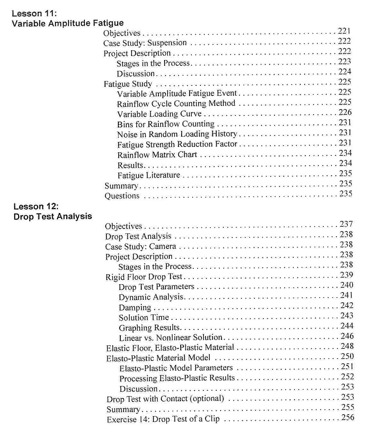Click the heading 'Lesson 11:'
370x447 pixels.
(x=34, y=13)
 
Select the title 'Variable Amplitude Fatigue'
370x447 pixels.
(x=68, y=23)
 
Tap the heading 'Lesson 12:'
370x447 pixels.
(x=36, y=206)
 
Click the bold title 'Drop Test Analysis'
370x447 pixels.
(x=53, y=217)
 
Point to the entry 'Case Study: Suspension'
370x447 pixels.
(x=145, y=43)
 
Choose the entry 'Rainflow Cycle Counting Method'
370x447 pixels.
(x=176, y=104)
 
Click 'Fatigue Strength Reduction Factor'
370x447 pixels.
(x=177, y=145)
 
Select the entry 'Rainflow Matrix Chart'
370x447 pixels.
(x=157, y=155)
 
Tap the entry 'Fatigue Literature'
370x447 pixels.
(x=148, y=175)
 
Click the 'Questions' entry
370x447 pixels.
(x=122, y=196)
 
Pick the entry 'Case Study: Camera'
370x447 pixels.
(x=140, y=246)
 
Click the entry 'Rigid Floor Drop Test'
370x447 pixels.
(x=144, y=277)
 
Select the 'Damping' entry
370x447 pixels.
(x=135, y=308)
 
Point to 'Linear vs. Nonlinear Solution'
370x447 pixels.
(x=170, y=338)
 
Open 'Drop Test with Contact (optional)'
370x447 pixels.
(x=165, y=399)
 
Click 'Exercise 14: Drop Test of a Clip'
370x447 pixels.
(x=163, y=419)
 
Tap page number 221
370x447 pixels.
(x=344, y=31)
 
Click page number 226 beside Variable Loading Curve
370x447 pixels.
(x=345, y=113)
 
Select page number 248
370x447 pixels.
(x=347, y=346)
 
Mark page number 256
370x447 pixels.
(x=348, y=417)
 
